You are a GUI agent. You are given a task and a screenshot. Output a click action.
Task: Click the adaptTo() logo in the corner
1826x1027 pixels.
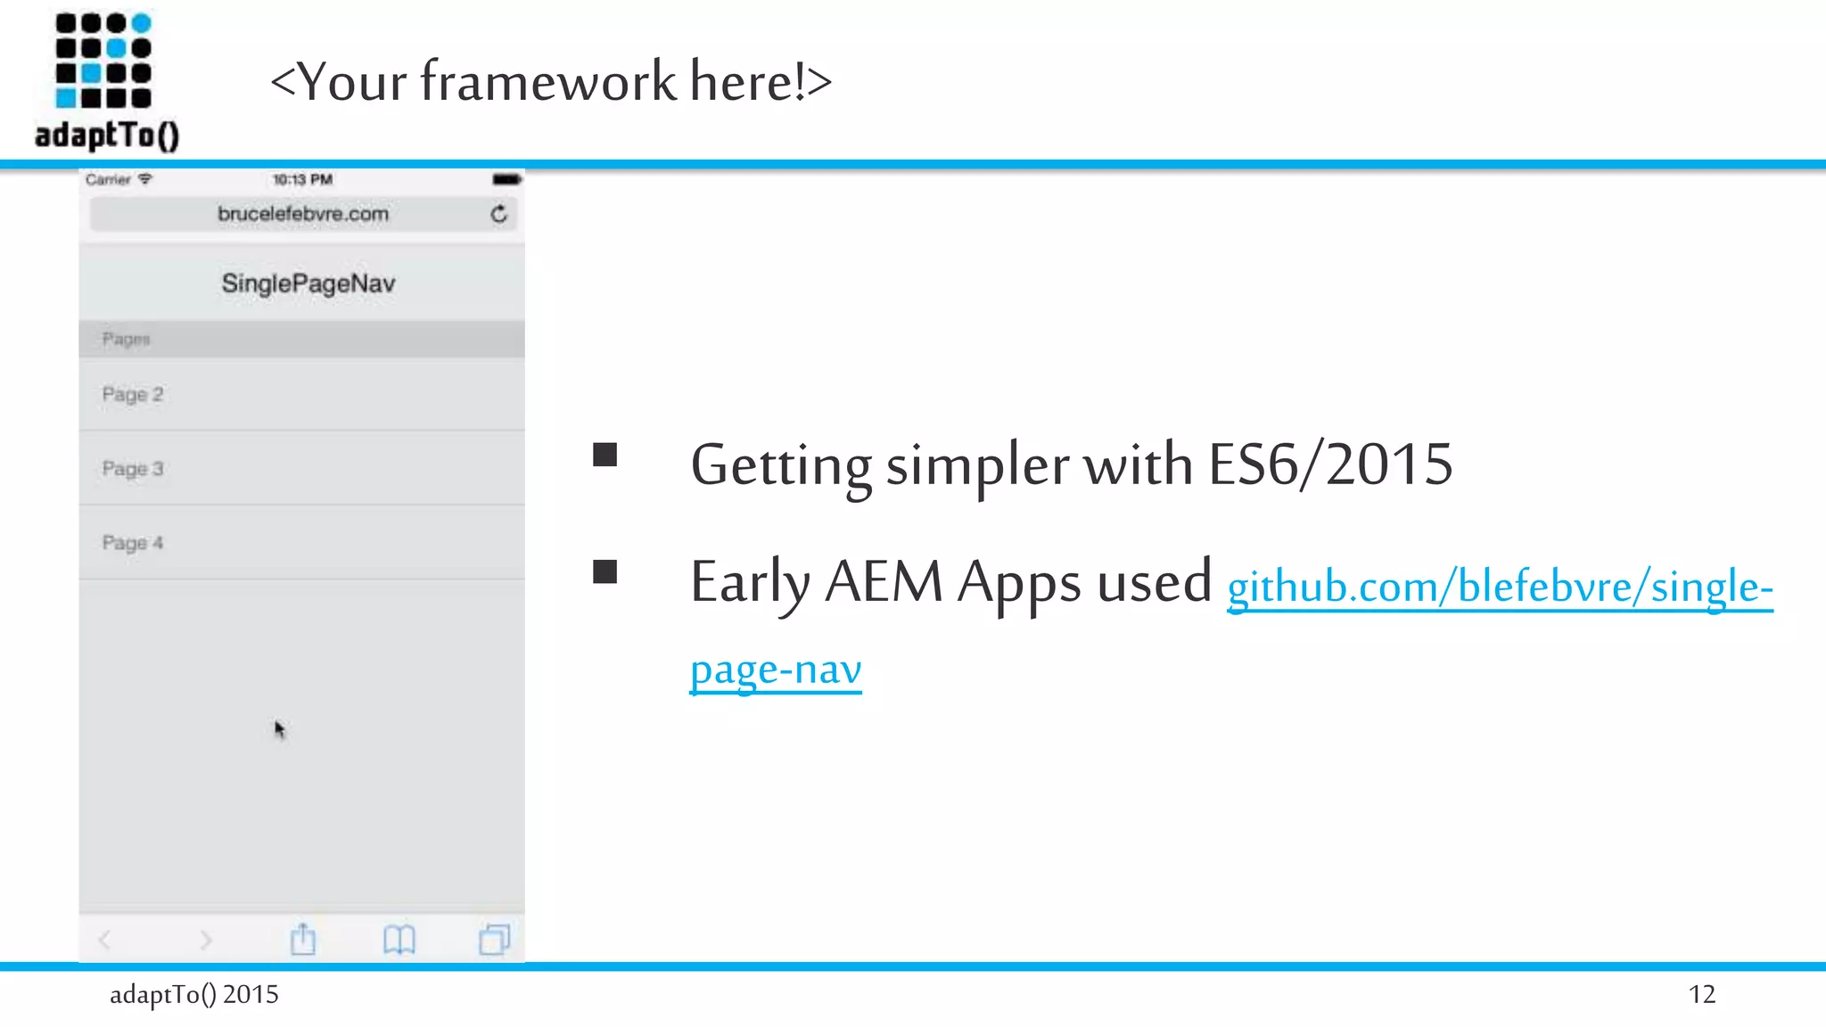106,80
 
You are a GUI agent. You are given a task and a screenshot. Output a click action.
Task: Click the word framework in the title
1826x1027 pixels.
548,82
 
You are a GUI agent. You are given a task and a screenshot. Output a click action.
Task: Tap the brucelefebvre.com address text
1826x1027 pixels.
303,214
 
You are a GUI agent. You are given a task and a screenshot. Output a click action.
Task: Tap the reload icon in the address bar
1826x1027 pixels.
498,214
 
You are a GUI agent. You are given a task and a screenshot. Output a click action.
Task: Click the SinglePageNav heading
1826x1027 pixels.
308,283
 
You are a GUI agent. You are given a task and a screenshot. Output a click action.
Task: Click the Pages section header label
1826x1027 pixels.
126,339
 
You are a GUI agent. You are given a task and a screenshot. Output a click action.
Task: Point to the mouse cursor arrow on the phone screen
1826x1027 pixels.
279,729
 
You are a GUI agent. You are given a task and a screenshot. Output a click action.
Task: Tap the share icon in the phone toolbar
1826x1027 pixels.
303,940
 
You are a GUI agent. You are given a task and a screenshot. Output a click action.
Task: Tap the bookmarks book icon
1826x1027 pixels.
399,940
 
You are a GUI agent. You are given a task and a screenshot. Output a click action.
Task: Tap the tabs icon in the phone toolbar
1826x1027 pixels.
494,940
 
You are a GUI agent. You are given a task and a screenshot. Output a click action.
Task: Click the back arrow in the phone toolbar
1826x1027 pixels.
105,940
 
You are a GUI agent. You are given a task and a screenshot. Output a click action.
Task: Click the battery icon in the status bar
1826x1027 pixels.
506,179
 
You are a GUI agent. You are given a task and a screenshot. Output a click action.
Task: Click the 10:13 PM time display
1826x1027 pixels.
302,179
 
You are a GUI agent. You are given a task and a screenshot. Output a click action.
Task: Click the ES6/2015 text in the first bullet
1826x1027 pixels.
1330,464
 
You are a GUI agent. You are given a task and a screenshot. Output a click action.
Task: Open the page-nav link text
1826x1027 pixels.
776,669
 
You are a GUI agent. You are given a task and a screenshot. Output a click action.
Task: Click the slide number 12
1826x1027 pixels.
1701,994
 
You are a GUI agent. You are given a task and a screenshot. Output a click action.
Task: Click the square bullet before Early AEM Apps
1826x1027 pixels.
605,571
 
